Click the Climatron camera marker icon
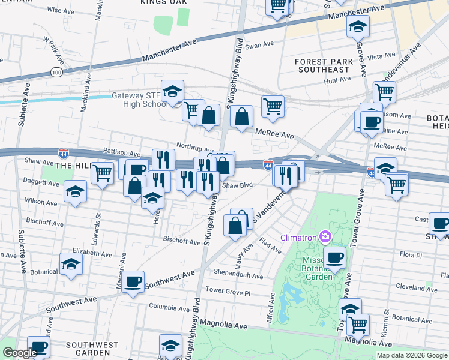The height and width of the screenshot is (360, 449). (325, 236)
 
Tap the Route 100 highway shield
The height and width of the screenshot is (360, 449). (57, 72)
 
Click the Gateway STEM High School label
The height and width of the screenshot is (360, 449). (140, 100)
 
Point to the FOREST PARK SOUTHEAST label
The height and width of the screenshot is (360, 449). (322, 65)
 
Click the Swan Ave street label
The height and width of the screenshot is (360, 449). (259, 46)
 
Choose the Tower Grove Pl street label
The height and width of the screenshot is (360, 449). (228, 292)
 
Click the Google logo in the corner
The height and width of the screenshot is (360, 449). (19, 353)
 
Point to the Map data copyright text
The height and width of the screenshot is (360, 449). (412, 355)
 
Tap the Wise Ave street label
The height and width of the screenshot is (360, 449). (60, 11)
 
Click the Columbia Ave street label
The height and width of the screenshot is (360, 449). (169, 307)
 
